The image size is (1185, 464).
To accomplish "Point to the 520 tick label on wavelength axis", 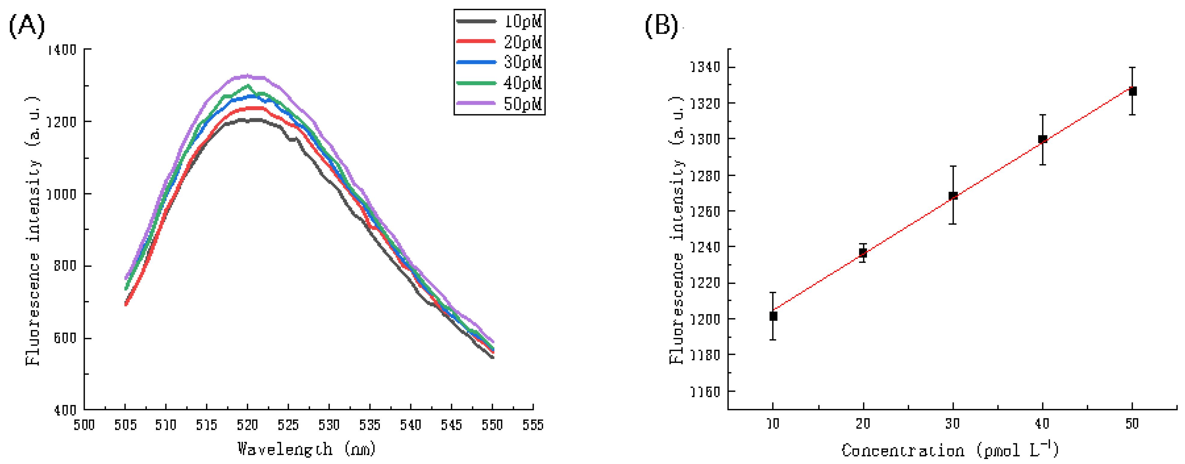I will (x=247, y=424).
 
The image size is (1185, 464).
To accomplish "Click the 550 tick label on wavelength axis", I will (x=492, y=424).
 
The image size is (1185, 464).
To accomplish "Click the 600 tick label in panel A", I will (x=64, y=338).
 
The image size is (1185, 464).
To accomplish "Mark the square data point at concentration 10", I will (x=773, y=316).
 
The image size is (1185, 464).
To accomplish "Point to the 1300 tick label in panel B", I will (x=705, y=139).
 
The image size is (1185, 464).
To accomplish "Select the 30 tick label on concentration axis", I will (x=953, y=423).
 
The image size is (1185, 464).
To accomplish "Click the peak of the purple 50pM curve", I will (x=247, y=75).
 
